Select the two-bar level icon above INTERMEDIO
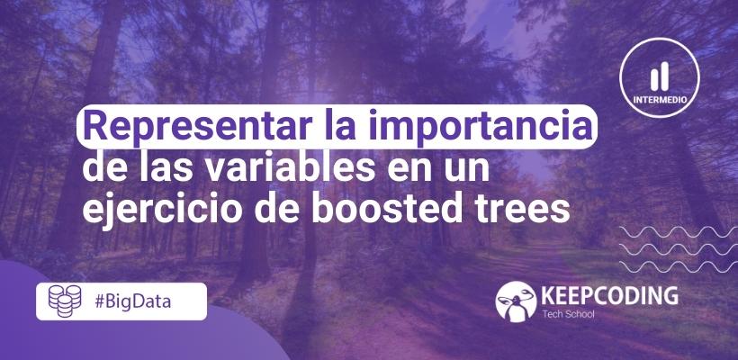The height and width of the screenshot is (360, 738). tap(661, 74)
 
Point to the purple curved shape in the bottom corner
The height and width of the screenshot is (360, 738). tap(135, 337)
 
